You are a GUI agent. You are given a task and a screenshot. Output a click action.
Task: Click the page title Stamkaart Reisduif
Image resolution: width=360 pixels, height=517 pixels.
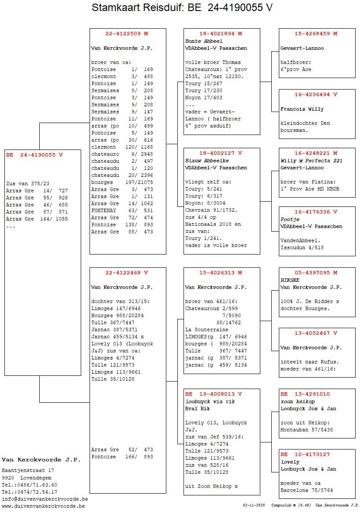(182, 7)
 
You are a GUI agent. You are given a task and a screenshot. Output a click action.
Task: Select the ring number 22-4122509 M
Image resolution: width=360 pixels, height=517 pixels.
(127, 34)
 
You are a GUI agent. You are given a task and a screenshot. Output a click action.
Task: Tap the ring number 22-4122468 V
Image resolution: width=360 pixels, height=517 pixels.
(127, 273)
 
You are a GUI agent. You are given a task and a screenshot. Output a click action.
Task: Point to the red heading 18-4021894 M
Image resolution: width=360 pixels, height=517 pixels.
(221, 34)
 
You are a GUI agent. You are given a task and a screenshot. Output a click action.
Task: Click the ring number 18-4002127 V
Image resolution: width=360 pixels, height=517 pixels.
(221, 153)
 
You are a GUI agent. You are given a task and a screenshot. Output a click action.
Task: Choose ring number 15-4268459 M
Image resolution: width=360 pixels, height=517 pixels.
(316, 34)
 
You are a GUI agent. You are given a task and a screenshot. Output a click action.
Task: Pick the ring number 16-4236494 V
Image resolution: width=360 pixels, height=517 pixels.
(316, 94)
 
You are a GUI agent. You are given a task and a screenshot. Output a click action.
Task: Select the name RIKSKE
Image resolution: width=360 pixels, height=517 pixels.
(290, 280)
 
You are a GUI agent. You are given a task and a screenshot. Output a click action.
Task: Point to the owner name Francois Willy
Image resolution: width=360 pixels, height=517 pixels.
(302, 109)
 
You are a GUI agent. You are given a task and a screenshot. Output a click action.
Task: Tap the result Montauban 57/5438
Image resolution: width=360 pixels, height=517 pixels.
(307, 430)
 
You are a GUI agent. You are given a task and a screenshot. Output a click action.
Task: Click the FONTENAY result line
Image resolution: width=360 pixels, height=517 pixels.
(122, 210)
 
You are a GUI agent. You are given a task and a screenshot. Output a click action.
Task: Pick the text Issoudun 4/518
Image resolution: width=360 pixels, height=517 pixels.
(302, 247)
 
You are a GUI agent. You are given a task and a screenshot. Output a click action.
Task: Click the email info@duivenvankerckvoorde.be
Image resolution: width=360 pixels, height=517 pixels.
(45, 499)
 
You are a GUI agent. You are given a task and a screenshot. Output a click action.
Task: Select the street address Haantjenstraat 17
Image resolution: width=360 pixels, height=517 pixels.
(28, 470)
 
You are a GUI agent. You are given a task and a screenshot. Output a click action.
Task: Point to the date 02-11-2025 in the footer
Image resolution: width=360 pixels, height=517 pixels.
(254, 505)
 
